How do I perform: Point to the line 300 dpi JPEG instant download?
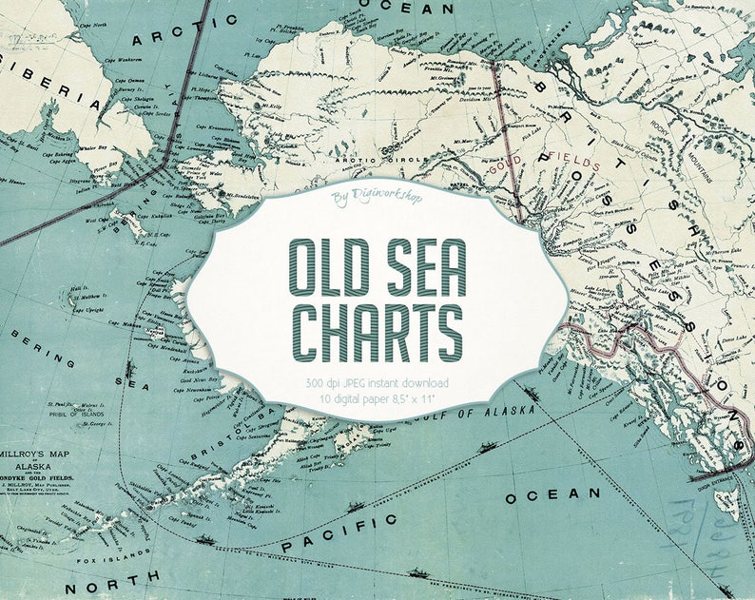point(378,382)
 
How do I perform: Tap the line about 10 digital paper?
point(378,397)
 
